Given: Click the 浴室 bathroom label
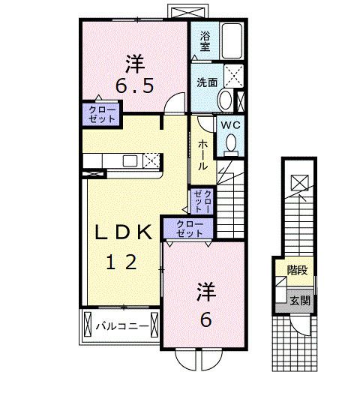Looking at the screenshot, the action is coord(205,41).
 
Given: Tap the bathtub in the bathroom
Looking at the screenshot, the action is coord(232,41).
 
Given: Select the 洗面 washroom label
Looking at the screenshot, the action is coord(207,82).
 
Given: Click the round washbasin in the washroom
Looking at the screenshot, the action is coord(226,100).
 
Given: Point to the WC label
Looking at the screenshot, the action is coord(230,125).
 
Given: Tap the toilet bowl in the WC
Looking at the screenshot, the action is coord(231,142).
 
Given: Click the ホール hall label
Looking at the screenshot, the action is coord(202,154).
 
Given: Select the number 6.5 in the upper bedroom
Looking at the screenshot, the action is coord(135,86).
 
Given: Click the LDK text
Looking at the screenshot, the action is coord(123,232).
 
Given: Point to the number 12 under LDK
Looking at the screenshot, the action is coord(121,262).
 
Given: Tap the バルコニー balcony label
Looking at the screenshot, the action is coord(122,326).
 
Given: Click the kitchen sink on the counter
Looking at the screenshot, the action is coord(130,161).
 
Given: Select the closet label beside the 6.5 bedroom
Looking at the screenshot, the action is coord(102,115).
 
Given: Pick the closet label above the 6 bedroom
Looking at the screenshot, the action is coord(190,229).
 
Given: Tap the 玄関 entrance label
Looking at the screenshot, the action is coord(300,300).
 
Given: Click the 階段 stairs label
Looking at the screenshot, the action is coord(298,270).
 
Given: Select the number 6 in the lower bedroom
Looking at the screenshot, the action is coord(206,319).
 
